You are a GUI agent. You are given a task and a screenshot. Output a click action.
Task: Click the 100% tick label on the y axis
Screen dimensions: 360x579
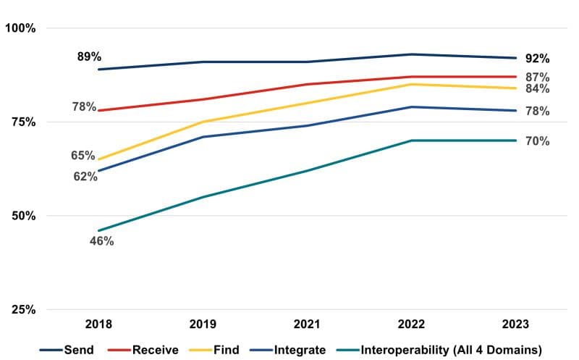[20, 28]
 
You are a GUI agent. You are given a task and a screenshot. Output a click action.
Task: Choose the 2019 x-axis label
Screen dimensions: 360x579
[204, 324]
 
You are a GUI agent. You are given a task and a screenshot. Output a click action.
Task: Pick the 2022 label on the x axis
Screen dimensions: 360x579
[412, 324]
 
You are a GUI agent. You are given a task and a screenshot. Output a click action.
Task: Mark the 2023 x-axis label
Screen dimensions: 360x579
[516, 324]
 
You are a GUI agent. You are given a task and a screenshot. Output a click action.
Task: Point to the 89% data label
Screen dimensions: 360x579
[90, 56]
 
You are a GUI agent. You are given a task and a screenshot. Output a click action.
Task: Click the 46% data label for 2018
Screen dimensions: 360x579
[101, 241]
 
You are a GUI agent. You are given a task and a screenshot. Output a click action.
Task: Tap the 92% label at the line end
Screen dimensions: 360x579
[537, 59]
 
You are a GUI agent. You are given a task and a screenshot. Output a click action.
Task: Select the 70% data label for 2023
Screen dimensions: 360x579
[537, 141]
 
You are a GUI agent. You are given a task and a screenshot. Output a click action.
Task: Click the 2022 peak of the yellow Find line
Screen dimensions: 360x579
[412, 84]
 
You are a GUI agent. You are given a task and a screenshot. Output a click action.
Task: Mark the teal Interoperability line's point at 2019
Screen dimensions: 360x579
[204, 197]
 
